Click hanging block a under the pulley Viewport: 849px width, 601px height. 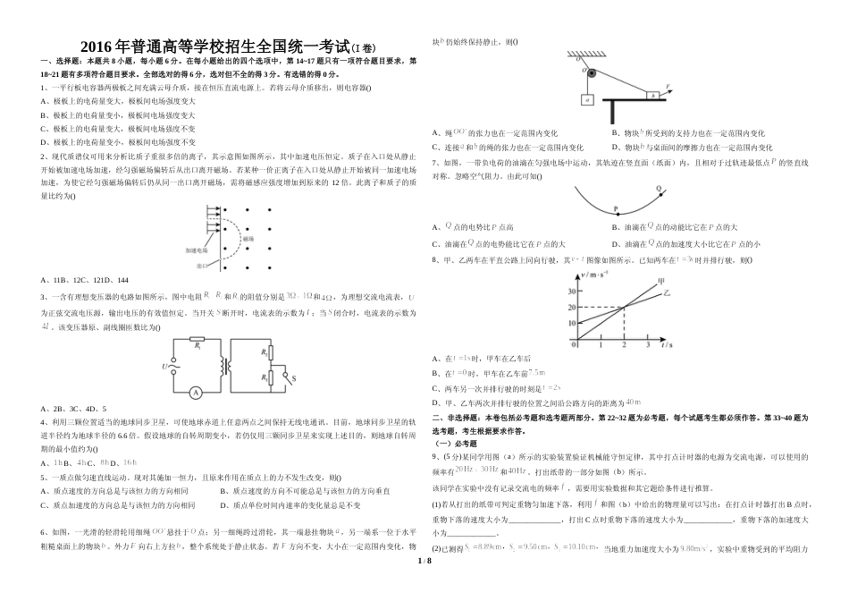[588, 99]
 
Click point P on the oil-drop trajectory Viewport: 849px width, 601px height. [616, 211]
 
